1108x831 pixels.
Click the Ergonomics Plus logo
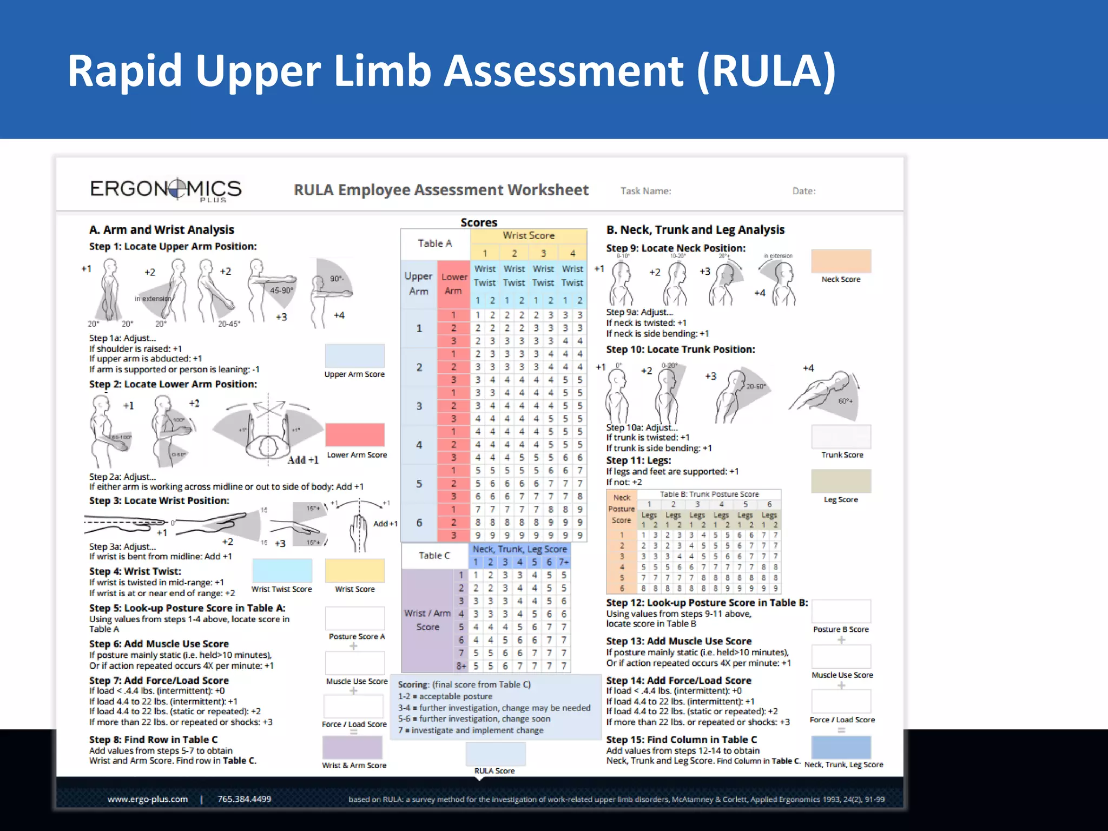coord(166,189)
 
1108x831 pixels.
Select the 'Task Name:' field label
coord(645,191)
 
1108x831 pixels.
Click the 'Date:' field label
coord(803,191)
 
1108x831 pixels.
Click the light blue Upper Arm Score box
coord(355,356)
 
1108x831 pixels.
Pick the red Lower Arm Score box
coord(355,435)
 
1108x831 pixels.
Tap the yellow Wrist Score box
coord(355,571)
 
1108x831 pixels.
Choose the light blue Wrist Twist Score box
coord(282,571)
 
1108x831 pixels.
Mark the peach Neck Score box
coord(841,261)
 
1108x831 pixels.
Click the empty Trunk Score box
coord(841,437)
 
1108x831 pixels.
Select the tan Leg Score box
coord(841,481)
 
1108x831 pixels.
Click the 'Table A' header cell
coord(435,243)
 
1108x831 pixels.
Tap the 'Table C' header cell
coord(434,556)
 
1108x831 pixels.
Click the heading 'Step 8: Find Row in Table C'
coord(153,740)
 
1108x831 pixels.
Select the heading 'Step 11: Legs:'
coord(638,460)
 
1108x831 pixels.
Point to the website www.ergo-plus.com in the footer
coord(148,799)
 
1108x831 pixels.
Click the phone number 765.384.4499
coord(244,799)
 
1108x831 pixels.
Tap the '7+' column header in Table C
coord(564,562)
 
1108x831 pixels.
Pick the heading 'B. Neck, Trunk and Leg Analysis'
coord(695,230)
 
